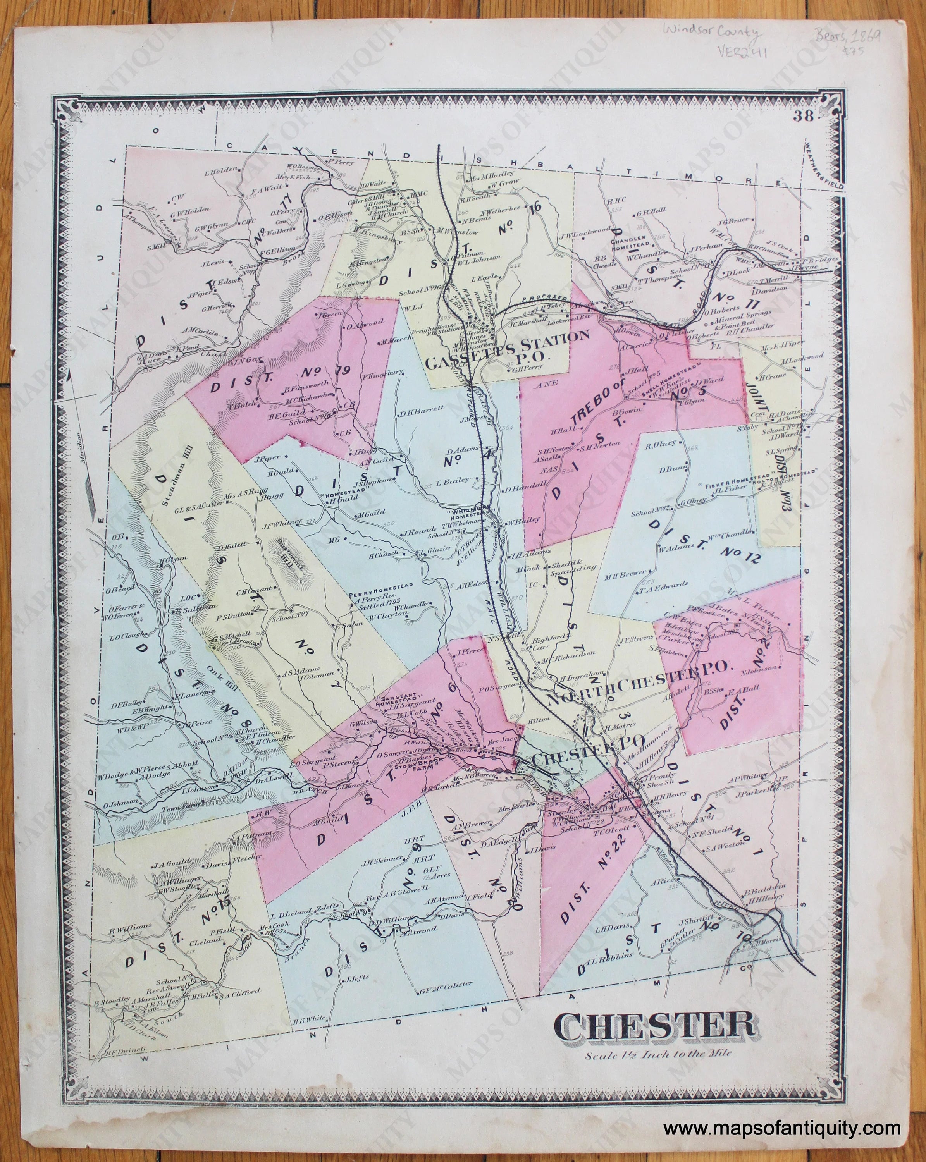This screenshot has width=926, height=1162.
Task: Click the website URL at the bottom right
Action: (x=781, y=1126)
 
